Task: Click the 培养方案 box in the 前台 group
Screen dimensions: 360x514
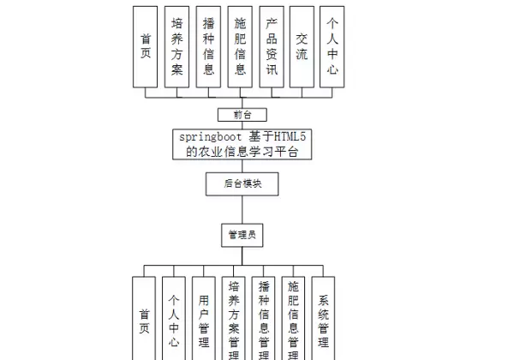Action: [x=177, y=46]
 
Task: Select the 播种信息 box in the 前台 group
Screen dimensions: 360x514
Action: [x=207, y=46]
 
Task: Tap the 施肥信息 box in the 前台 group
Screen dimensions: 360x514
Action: [x=240, y=46]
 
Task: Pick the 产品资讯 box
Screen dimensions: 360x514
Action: [x=271, y=46]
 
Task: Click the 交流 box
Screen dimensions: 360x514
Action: [x=302, y=46]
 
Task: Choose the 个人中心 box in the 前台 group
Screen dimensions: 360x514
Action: [x=332, y=46]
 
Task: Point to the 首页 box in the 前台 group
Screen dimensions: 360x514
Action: [x=146, y=46]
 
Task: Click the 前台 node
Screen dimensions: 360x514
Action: [x=242, y=114]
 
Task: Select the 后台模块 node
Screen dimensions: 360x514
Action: [x=242, y=183]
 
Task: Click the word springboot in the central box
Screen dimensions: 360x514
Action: [x=210, y=137]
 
